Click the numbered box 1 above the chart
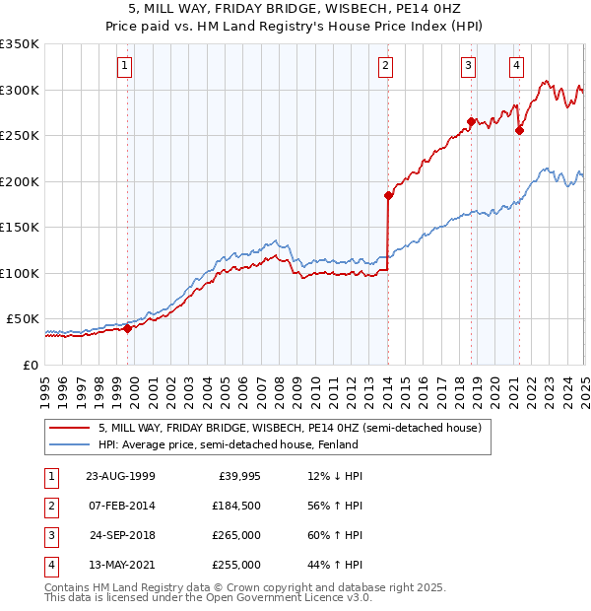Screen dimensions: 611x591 pyautogui.click(x=126, y=66)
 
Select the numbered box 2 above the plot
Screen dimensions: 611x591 pyautogui.click(x=384, y=66)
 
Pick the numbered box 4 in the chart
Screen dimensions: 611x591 pyautogui.click(x=516, y=66)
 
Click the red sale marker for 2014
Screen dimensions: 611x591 pyautogui.click(x=388, y=195)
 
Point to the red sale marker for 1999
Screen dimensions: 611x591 pyautogui.click(x=127, y=329)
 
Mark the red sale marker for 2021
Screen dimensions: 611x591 pyautogui.click(x=519, y=130)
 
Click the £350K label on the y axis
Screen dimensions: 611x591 pyautogui.click(x=20, y=44)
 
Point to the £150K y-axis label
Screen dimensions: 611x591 pyautogui.click(x=20, y=228)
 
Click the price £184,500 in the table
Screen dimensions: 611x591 pyautogui.click(x=237, y=506)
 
